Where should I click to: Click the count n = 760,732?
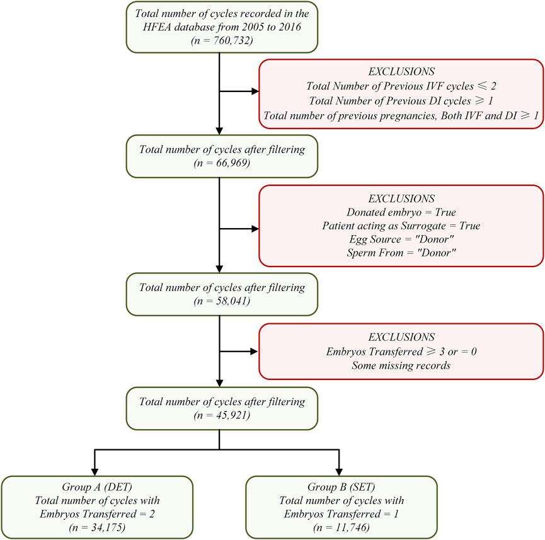(x=222, y=41)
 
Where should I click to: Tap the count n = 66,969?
(x=222, y=163)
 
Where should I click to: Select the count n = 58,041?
(x=222, y=301)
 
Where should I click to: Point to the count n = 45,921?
(x=222, y=415)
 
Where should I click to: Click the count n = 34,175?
(x=97, y=527)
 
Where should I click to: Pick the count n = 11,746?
(x=341, y=527)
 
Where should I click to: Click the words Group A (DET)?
(x=97, y=487)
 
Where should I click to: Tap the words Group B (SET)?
(x=341, y=487)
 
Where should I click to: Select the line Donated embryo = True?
(x=401, y=212)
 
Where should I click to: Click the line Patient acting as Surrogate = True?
(x=401, y=226)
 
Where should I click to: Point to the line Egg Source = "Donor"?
(x=401, y=239)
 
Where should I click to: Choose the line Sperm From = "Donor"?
(x=401, y=253)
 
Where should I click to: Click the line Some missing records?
(x=401, y=365)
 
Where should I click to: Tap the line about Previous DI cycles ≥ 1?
(x=401, y=101)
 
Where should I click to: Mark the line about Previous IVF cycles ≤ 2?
(x=401, y=86)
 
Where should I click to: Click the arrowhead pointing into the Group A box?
(x=95, y=472)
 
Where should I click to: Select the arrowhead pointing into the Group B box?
(x=339, y=472)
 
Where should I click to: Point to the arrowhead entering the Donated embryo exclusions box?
(x=255, y=229)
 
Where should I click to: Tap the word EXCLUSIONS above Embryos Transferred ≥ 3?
(x=401, y=337)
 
